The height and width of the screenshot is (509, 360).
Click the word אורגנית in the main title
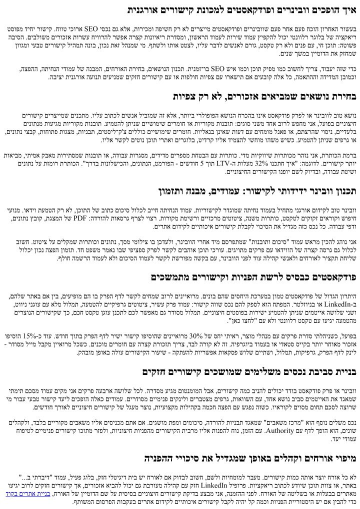coord(141,10)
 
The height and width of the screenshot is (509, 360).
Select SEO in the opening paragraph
coord(182,29)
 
